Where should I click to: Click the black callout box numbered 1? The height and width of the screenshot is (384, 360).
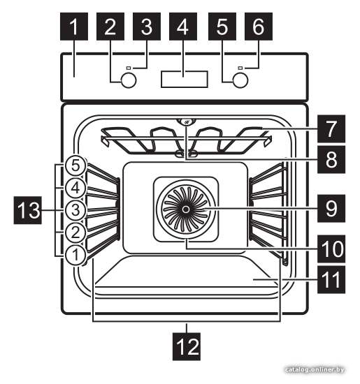click(74, 27)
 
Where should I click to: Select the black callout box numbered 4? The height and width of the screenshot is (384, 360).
click(183, 27)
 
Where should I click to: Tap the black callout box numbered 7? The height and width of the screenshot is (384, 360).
click(331, 128)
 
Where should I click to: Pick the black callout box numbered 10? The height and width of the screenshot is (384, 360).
click(331, 249)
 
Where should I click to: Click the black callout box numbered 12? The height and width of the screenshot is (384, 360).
click(187, 346)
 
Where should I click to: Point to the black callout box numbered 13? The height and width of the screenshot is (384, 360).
click(28, 210)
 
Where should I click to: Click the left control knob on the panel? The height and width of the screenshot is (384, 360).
click(129, 80)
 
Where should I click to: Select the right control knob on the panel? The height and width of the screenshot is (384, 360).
click(240, 80)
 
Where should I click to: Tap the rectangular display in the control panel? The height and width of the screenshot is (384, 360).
click(185, 79)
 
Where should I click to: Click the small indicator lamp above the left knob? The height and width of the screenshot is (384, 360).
click(129, 68)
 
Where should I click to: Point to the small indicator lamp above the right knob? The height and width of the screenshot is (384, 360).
click(240, 68)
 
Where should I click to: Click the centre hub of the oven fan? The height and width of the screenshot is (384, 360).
click(186, 209)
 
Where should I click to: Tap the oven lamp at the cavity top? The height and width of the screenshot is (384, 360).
click(187, 122)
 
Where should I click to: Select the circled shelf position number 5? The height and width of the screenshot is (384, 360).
click(75, 165)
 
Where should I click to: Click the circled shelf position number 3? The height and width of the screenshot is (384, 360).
click(75, 210)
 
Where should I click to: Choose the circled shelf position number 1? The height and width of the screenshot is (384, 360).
click(75, 255)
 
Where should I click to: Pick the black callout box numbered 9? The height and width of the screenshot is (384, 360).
click(331, 209)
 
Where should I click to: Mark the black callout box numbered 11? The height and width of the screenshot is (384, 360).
click(331, 279)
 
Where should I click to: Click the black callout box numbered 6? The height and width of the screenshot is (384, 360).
click(259, 27)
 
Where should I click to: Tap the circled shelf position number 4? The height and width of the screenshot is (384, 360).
click(75, 188)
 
